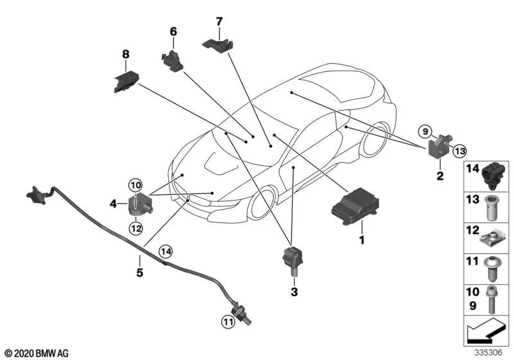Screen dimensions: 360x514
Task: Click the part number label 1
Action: pyautogui.click(x=362, y=240)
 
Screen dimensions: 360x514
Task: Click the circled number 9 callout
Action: pyautogui.click(x=423, y=132)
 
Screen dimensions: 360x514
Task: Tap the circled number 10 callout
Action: pyautogui.click(x=135, y=186)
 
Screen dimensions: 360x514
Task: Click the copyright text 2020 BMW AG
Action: pyautogui.click(x=36, y=353)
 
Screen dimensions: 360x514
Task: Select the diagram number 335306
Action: pyautogui.click(x=490, y=353)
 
